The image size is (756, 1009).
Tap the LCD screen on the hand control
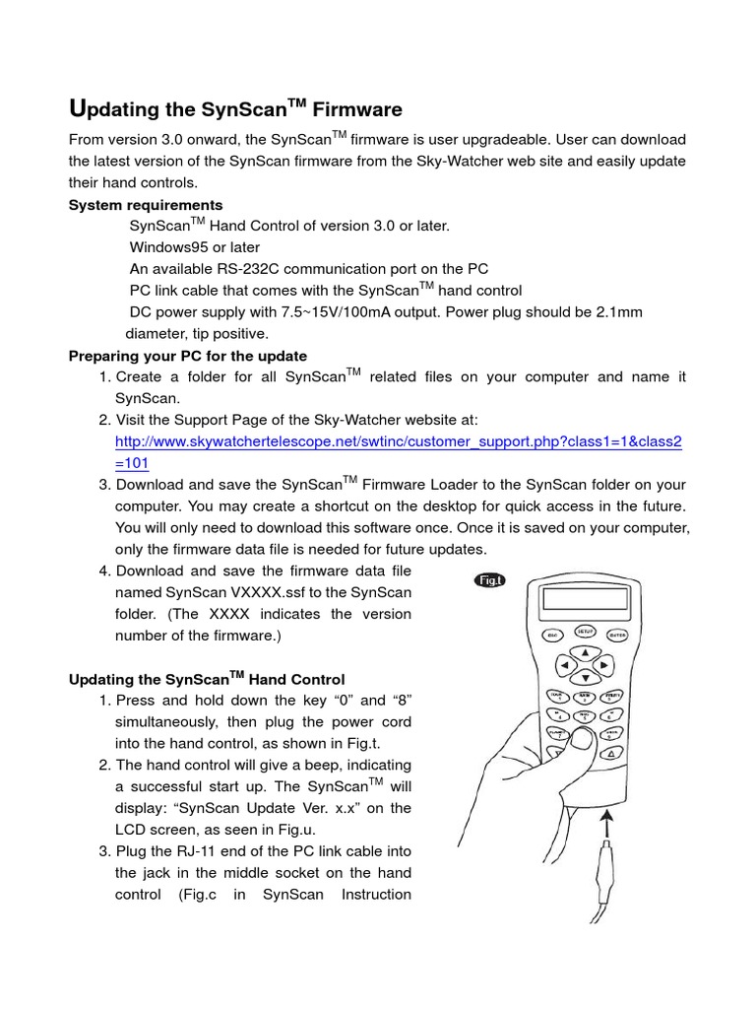(x=585, y=598)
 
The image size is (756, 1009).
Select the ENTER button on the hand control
(x=617, y=635)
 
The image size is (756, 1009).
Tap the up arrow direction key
(x=585, y=652)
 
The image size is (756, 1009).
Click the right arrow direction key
(x=604, y=666)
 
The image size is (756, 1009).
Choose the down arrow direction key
(x=585, y=678)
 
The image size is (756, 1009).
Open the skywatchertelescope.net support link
(x=398, y=442)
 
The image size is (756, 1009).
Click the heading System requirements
(x=146, y=205)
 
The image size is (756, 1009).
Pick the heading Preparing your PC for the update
(x=187, y=356)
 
